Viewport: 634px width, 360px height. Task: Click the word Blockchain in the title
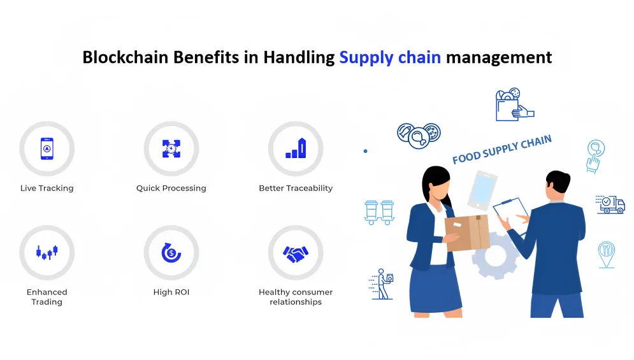click(x=126, y=57)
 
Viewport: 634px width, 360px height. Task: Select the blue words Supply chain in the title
click(x=390, y=58)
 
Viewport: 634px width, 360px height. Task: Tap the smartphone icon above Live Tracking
click(x=47, y=148)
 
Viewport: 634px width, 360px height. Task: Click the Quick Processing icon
click(x=171, y=148)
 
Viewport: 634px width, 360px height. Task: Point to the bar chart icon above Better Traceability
click(x=296, y=148)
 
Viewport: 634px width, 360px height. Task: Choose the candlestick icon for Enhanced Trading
click(x=47, y=252)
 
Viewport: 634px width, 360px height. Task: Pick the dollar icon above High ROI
click(x=171, y=252)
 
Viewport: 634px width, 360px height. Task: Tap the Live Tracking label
click(x=47, y=188)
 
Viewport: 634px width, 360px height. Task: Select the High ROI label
click(x=171, y=292)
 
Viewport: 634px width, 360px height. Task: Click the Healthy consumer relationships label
click(x=296, y=297)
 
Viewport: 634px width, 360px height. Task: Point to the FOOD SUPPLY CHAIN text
click(x=501, y=149)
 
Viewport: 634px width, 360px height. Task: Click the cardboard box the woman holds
click(x=468, y=233)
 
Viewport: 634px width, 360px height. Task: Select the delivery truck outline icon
click(x=610, y=205)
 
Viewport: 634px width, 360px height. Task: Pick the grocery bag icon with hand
click(x=514, y=104)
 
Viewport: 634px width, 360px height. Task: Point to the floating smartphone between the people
click(x=482, y=191)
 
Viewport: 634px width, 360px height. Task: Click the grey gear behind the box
click(x=496, y=256)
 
